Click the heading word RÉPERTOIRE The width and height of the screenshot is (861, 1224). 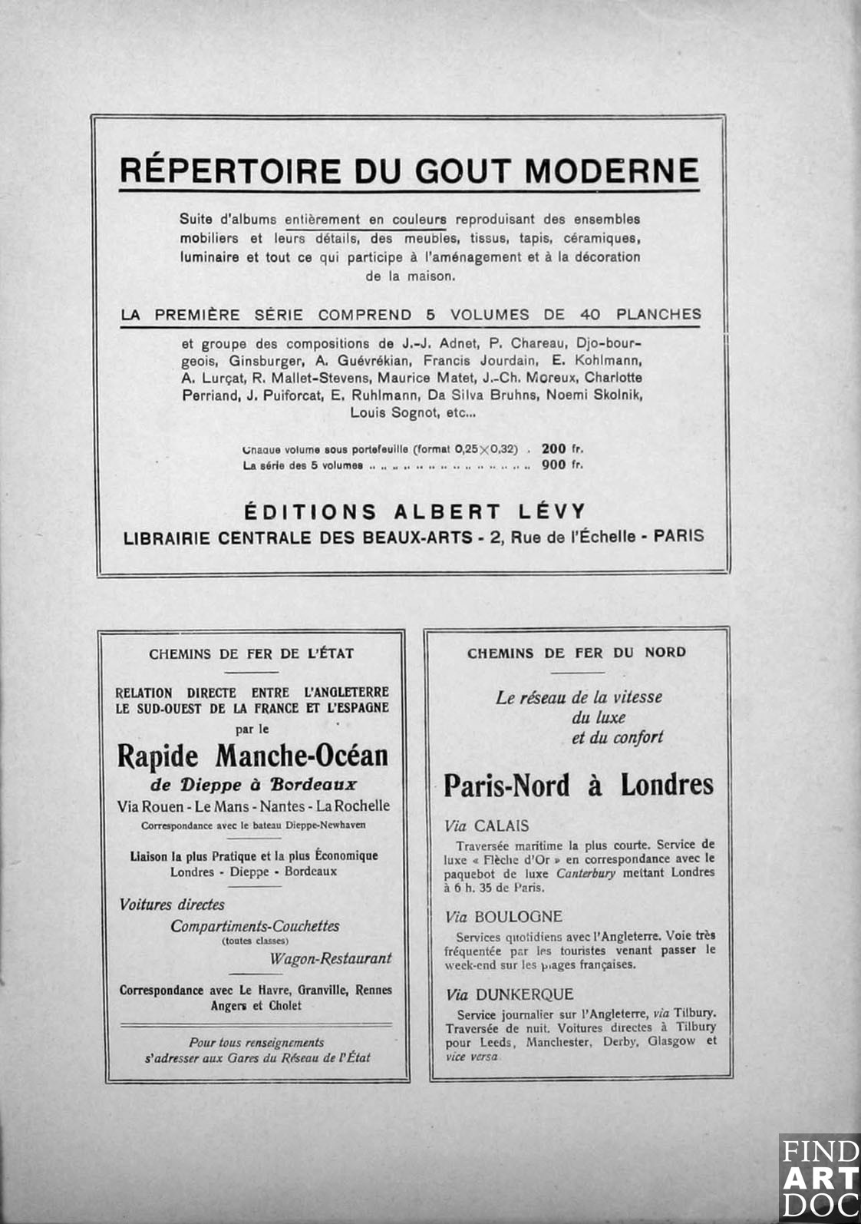229,170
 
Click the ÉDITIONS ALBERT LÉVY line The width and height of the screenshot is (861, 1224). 414,511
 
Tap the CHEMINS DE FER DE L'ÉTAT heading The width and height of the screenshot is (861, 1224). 251,654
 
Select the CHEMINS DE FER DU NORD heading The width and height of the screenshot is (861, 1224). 576,653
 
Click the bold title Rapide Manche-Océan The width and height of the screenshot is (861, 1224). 252,756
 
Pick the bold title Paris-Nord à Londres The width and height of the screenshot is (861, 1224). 579,785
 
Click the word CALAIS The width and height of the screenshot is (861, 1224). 501,826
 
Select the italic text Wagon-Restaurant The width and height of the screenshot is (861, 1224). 330,958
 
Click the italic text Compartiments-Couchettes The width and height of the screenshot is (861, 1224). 255,926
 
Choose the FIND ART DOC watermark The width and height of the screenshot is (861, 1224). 819,1178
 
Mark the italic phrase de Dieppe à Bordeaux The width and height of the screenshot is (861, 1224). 252,785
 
